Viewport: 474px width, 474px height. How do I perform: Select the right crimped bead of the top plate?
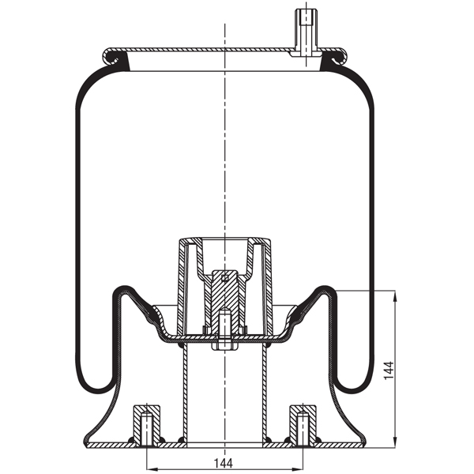340,57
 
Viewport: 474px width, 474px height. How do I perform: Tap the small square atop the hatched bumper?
225,276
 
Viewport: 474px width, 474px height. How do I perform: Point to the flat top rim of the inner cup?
225,237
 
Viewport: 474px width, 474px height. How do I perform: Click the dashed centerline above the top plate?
226,32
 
